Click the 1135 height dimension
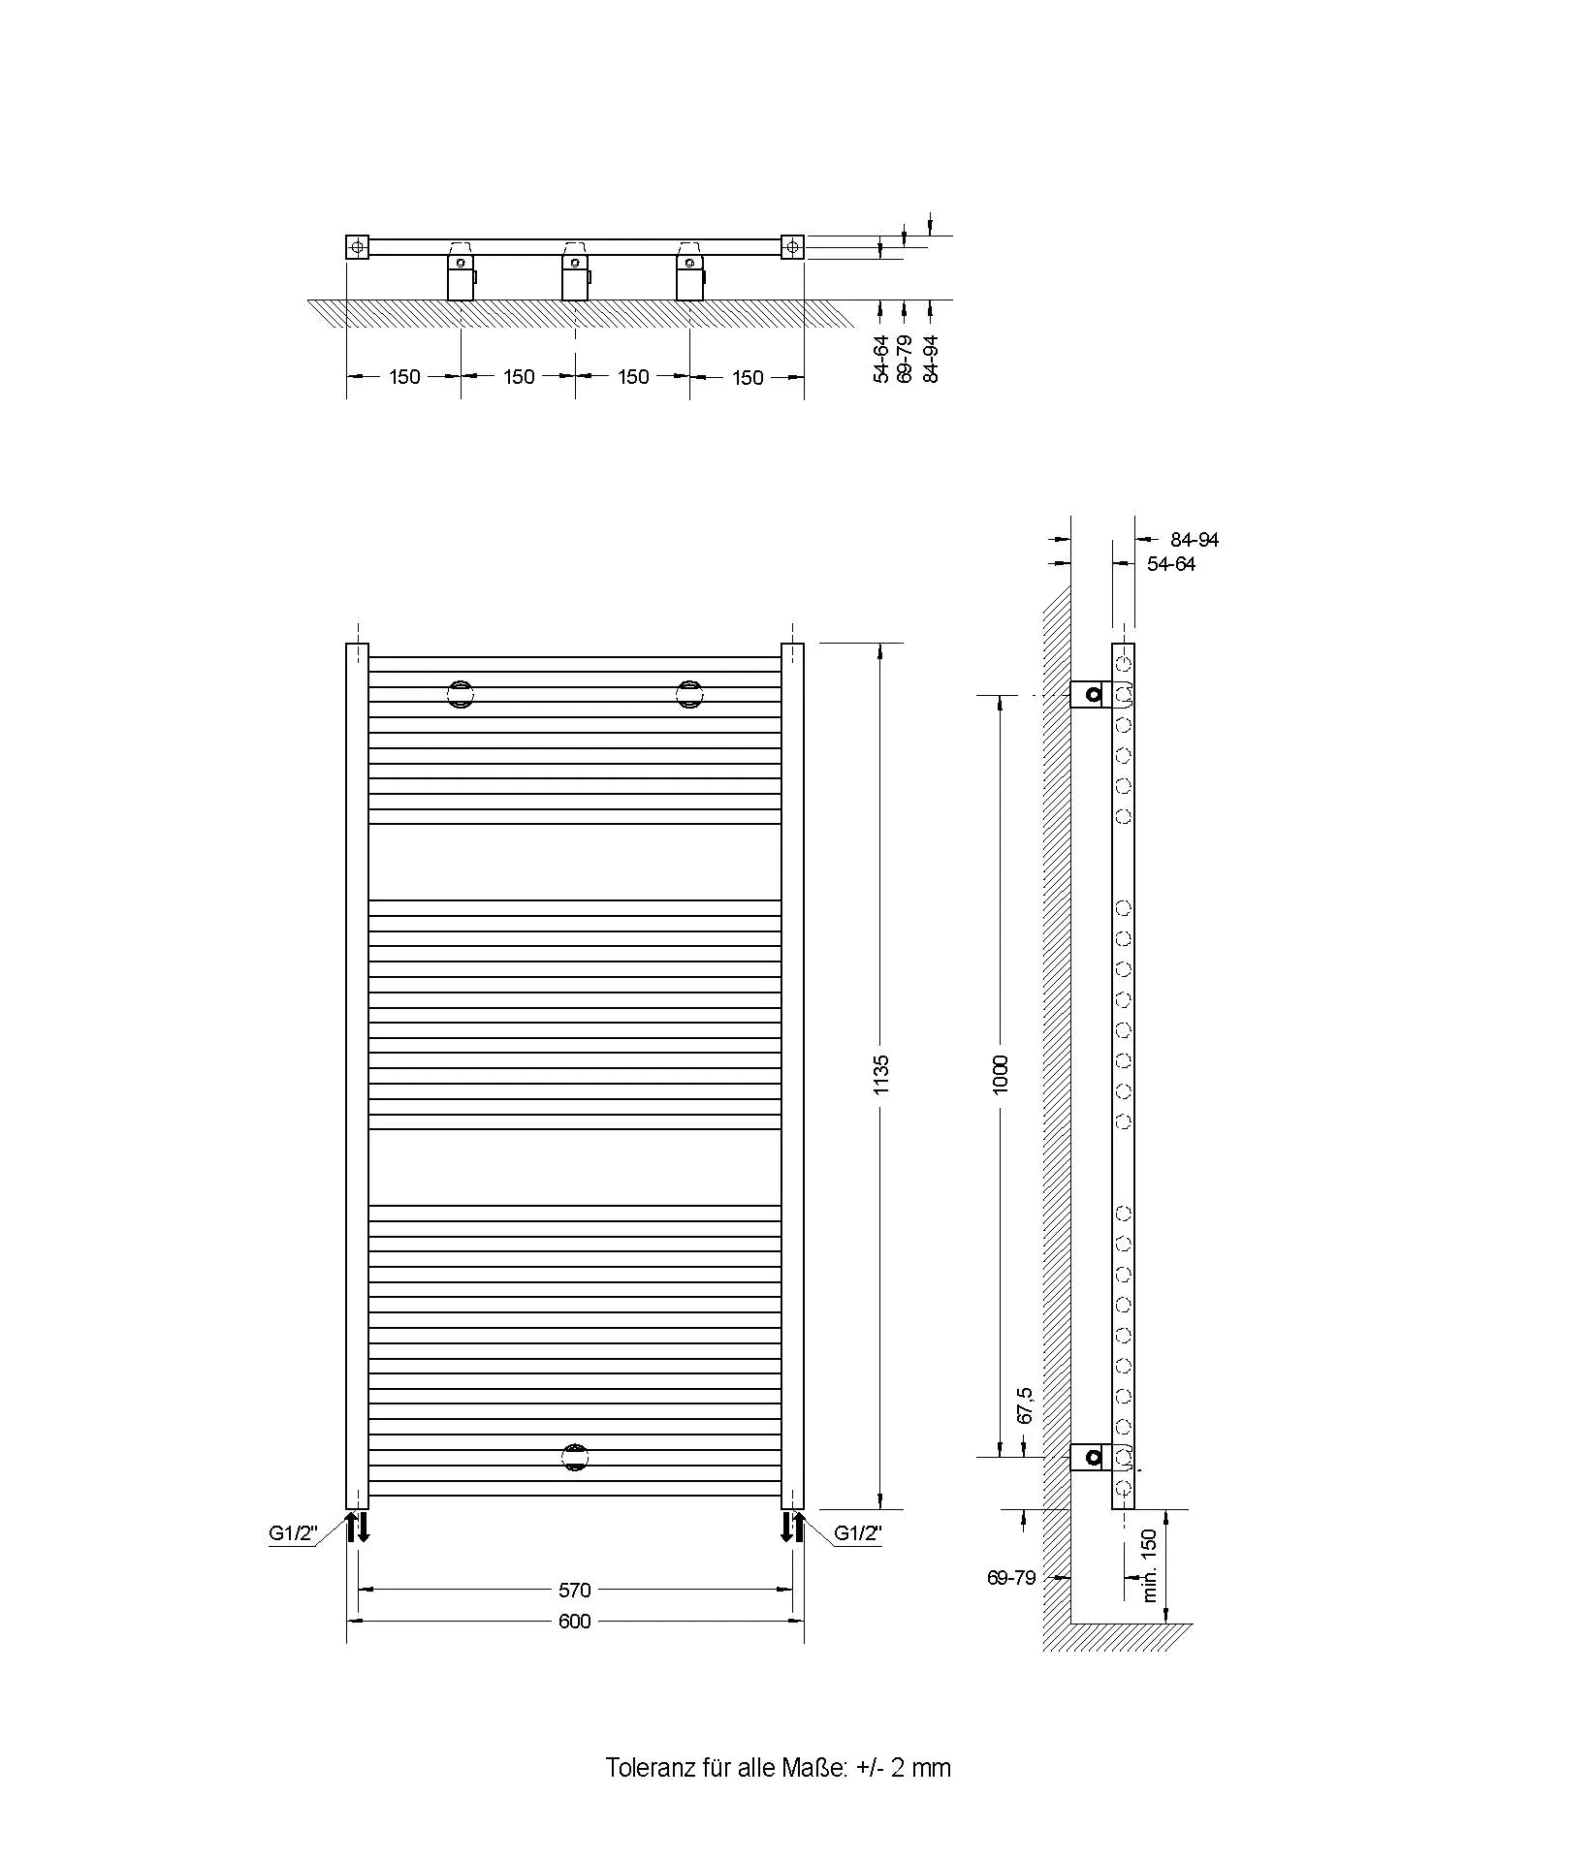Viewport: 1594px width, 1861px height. [880, 1075]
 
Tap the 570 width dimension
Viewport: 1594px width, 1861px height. [574, 1590]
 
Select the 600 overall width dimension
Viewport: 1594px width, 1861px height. [574, 1622]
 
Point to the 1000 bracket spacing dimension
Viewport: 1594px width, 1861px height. [1001, 1075]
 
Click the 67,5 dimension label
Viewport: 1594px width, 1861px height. [1025, 1405]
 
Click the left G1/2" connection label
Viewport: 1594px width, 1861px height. [294, 1533]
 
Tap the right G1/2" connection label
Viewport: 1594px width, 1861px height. [858, 1533]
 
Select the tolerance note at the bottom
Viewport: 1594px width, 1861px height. [779, 1767]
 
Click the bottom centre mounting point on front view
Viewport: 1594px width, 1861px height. [575, 1457]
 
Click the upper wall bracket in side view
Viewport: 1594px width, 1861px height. [1091, 694]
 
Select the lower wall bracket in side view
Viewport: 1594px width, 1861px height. [1091, 1457]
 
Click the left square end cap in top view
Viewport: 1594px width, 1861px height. [358, 247]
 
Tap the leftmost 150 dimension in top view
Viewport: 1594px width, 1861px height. [404, 377]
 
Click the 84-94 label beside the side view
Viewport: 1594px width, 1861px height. [1195, 540]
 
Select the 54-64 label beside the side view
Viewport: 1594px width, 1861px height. [1171, 564]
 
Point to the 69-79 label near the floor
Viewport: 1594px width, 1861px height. [1011, 1578]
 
